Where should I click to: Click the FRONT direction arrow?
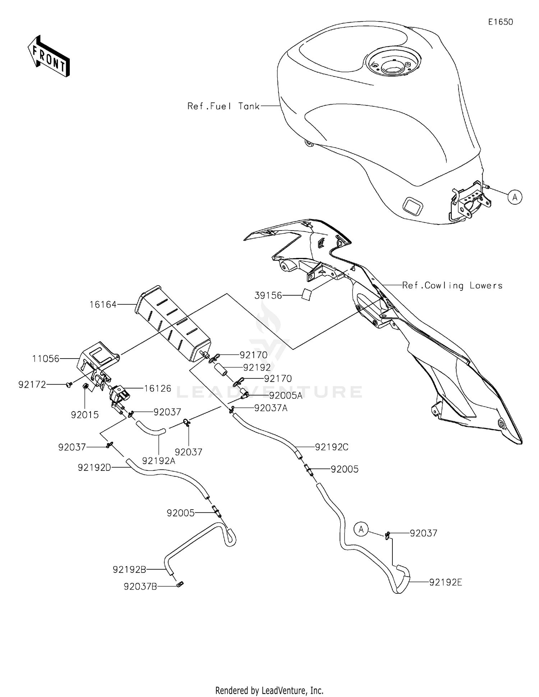[x=49, y=57]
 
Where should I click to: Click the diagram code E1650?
[x=500, y=22]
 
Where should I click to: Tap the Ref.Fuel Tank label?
[x=223, y=106]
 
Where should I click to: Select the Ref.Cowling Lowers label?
[x=452, y=286]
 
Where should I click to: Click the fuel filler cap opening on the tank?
[x=393, y=67]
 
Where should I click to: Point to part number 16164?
[x=103, y=305]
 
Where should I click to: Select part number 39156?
[x=268, y=295]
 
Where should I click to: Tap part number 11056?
[x=46, y=359]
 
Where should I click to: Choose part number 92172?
[x=32, y=385]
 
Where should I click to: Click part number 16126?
[x=157, y=388]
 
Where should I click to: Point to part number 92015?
[x=84, y=415]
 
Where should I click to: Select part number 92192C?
[x=332, y=447]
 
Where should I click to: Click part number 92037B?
[x=140, y=587]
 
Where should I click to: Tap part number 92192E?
[x=446, y=582]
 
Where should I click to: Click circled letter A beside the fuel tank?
[x=515, y=197]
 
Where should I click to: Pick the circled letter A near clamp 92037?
[x=361, y=529]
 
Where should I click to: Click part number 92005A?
[x=286, y=396]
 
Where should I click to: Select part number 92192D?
[x=94, y=468]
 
